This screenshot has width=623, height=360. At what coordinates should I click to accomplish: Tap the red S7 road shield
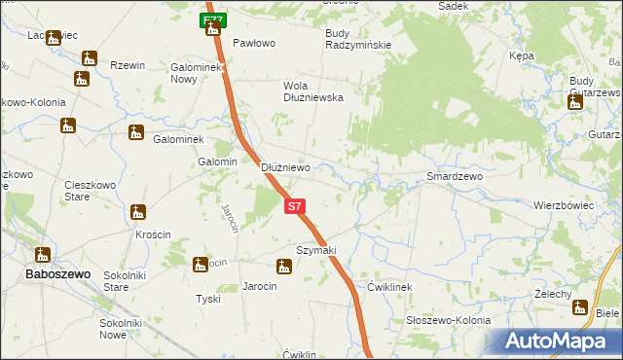pos(296,206)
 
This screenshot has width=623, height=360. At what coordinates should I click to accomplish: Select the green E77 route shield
pos(214,19)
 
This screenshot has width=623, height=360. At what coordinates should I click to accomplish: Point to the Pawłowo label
pos(255,44)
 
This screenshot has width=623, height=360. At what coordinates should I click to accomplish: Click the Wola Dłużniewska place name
pos(312,90)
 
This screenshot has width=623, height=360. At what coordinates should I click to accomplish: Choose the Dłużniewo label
pos(285,167)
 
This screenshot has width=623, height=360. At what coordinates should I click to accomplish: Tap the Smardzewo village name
pos(455,177)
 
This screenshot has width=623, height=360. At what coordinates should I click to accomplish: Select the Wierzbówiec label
pos(564,205)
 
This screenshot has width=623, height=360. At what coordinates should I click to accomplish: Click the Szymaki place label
pos(315,250)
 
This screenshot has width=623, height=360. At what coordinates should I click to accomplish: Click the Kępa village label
pos(522,56)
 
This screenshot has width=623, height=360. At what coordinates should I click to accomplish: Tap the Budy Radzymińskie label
pos(357,39)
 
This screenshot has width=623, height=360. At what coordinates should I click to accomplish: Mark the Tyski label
pos(208,299)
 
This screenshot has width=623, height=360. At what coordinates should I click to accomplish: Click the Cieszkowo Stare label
pos(90,190)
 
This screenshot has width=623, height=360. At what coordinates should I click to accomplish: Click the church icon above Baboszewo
pos(43,255)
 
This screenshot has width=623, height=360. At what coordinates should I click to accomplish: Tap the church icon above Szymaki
pos(283,266)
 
